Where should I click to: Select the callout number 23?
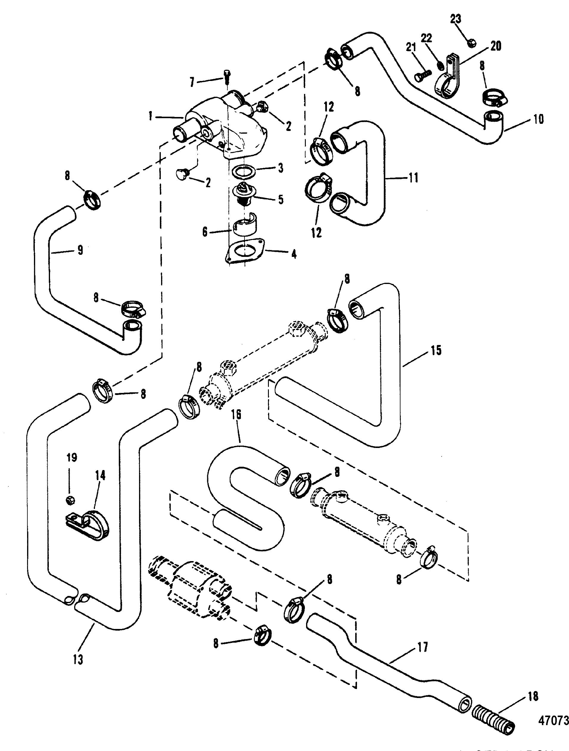click(456, 19)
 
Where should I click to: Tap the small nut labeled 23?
click(472, 43)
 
